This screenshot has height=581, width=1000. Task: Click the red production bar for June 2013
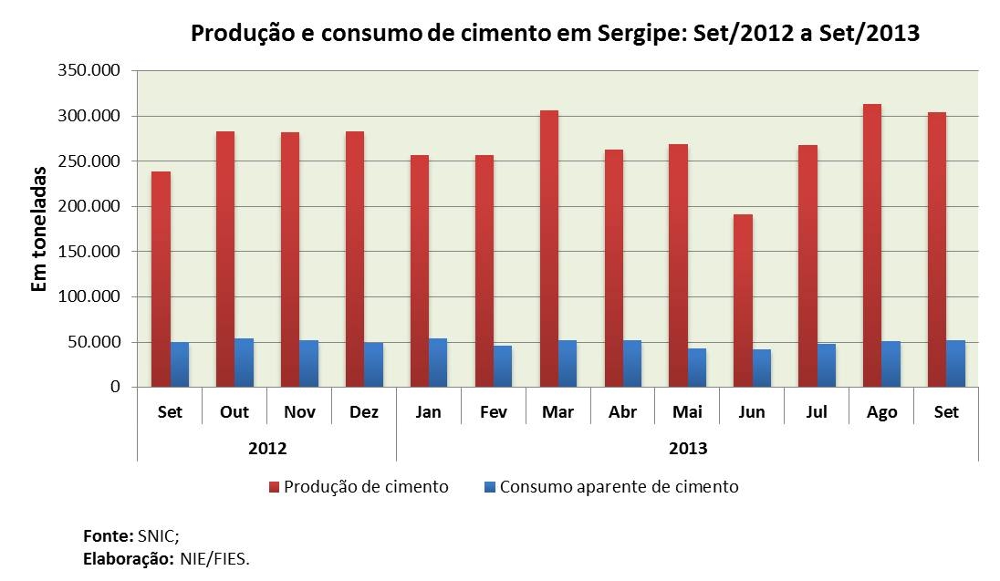coord(742,301)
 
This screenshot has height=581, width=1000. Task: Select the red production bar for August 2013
coord(871,245)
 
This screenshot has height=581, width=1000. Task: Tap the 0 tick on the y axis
coord(114,388)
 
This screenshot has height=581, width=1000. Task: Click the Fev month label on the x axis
coord(493,412)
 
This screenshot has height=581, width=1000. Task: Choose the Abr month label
coord(623,412)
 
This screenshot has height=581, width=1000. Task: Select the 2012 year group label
coord(267,449)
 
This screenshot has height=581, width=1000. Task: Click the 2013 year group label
coord(688,449)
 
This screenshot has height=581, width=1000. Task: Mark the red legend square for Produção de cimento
coord(273,488)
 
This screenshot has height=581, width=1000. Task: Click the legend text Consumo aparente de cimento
coord(619,487)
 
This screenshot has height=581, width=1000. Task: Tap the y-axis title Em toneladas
coord(39,228)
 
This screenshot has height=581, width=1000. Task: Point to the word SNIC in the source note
coord(151,535)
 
